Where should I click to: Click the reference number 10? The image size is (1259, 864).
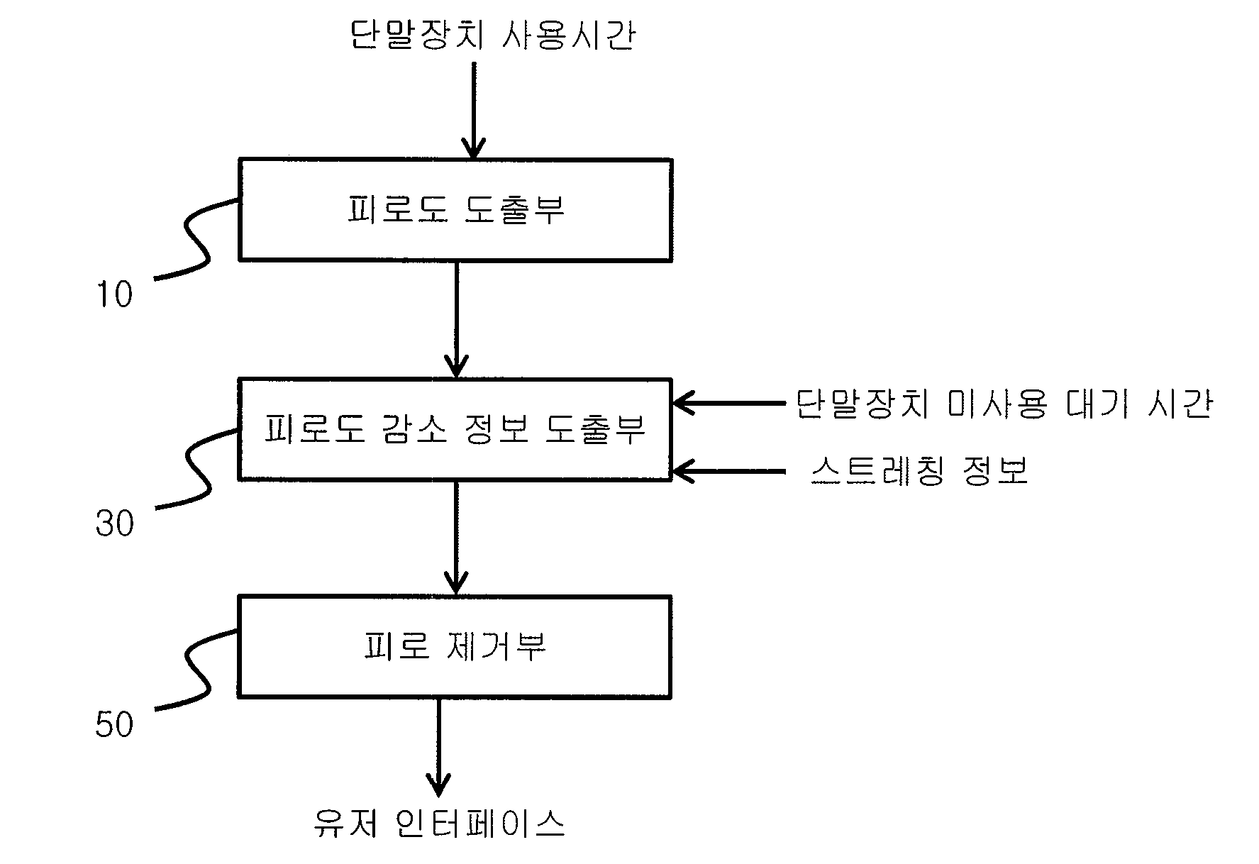(114, 294)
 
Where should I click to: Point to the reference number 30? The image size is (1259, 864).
(115, 524)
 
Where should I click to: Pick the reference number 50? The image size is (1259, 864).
(114, 725)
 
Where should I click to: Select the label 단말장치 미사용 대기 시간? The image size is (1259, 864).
(1003, 404)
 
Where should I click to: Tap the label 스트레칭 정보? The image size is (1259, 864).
(919, 470)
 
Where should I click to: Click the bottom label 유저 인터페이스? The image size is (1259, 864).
(440, 824)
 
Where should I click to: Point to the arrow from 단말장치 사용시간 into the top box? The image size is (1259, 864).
(473, 110)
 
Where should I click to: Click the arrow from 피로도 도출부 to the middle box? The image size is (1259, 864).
(455, 320)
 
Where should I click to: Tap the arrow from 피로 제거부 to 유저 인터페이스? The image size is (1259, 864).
(439, 748)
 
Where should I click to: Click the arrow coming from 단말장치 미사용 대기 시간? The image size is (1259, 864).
(729, 404)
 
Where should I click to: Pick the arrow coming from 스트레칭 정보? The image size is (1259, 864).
(729, 470)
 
